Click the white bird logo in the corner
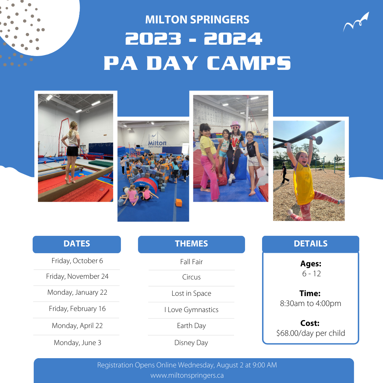(x=356, y=22)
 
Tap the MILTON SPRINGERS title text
(x=197, y=20)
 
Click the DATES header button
(x=77, y=244)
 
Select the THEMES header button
(x=191, y=244)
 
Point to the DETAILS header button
(x=310, y=244)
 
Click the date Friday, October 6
(x=77, y=261)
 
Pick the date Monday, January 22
(x=77, y=292)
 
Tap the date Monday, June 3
(x=77, y=343)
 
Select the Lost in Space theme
(x=191, y=293)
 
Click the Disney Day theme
(x=191, y=343)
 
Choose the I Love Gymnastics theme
(x=191, y=310)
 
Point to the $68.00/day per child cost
(x=310, y=333)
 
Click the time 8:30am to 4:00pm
(x=310, y=303)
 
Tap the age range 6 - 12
(x=311, y=273)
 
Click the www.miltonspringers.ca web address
(x=187, y=376)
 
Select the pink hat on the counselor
(x=235, y=124)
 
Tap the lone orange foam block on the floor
(x=179, y=202)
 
